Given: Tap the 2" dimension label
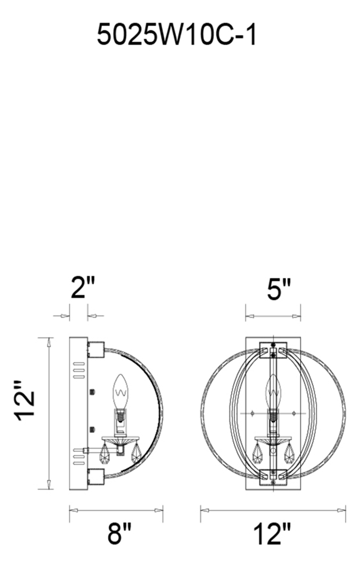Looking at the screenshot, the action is [83, 288].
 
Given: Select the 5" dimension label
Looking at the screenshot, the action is [279, 289].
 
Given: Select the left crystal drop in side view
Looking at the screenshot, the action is [105, 454].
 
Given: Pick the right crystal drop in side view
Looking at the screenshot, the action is [136, 454].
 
